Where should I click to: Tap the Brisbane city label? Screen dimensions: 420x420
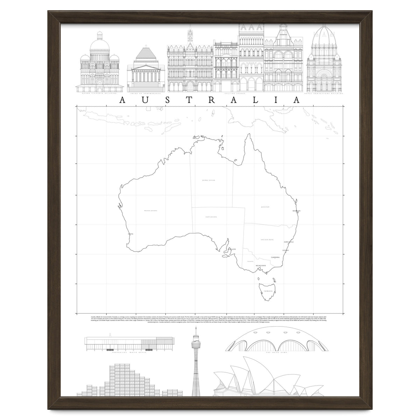pyautogui.click(x=297, y=211)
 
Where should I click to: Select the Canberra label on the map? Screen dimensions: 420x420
pyautogui.click(x=275, y=258)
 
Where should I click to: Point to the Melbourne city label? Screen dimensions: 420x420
pyautogui.click(x=261, y=266)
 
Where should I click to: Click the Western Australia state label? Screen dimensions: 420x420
pyautogui.click(x=151, y=211)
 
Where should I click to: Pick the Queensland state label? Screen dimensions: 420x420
pyautogui.click(x=265, y=207)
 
